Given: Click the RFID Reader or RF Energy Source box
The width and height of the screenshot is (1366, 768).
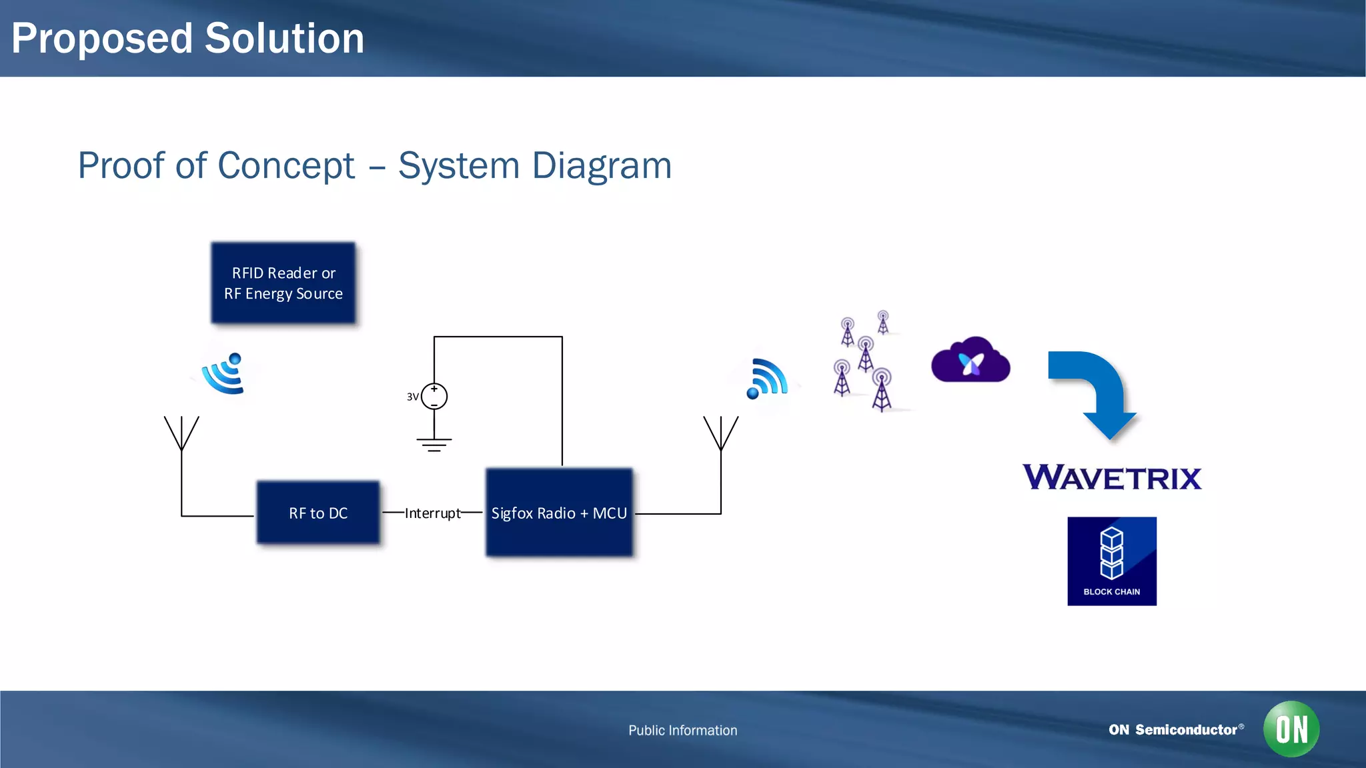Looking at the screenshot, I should (283, 283).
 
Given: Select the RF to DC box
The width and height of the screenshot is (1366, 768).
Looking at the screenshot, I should (318, 513).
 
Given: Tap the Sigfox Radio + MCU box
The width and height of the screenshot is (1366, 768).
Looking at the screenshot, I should (559, 513).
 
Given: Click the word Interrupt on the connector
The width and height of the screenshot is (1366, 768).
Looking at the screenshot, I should (432, 513).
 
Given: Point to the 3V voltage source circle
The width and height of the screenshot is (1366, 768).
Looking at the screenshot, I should (434, 397).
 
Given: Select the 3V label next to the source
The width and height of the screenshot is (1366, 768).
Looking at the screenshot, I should (412, 397).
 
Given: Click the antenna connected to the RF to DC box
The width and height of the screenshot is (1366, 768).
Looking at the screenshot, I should (181, 433).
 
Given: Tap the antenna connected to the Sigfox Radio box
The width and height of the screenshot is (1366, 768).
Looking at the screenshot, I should (721, 433).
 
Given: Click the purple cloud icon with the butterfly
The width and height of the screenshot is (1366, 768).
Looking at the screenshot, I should (970, 361).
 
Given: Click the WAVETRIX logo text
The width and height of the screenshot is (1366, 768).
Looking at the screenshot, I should (1112, 478).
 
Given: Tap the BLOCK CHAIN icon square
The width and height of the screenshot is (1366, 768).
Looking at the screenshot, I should (1112, 561).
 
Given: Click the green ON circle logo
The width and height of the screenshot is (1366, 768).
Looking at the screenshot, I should (1291, 729).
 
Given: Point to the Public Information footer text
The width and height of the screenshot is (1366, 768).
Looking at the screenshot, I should (682, 731).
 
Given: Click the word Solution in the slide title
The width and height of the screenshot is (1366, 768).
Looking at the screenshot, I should (285, 39).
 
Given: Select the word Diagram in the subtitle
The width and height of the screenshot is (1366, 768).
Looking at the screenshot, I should (602, 166).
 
